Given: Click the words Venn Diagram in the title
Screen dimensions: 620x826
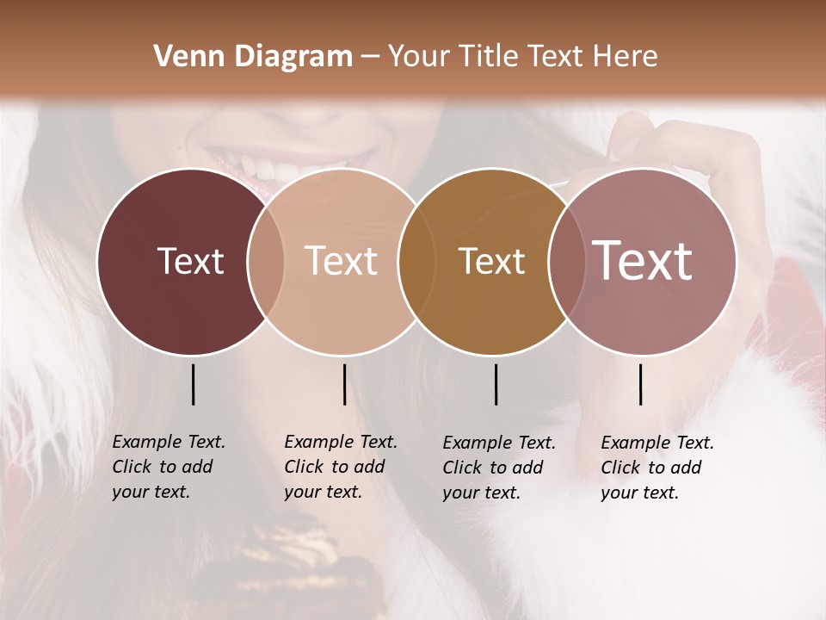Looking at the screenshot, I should pyautogui.click(x=253, y=57).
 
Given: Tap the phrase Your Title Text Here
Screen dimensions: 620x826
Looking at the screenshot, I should pyautogui.click(x=522, y=57).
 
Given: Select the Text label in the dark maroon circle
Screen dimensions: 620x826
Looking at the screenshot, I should pyautogui.click(x=190, y=261).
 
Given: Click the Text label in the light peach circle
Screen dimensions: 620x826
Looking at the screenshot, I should pyautogui.click(x=342, y=261).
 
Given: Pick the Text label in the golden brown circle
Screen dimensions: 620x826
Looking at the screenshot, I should pyautogui.click(x=491, y=261).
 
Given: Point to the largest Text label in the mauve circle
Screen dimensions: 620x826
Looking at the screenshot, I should pyautogui.click(x=643, y=261).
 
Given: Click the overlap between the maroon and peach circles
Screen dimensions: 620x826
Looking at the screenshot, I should pyautogui.click(x=266, y=261).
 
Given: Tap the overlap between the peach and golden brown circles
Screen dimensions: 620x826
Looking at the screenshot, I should pyautogui.click(x=416, y=261).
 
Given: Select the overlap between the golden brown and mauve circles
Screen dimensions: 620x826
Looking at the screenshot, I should pyautogui.click(x=567, y=261).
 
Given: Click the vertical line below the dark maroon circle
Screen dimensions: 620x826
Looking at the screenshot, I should pyautogui.click(x=193, y=384).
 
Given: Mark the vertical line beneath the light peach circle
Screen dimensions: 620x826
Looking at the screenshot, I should pyautogui.click(x=344, y=384).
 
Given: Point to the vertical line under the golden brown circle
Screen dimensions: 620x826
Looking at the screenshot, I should pyautogui.click(x=496, y=384).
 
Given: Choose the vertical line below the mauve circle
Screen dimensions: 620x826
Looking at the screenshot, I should pyautogui.click(x=641, y=384).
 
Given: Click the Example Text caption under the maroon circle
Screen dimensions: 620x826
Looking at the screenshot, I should pyautogui.click(x=168, y=467).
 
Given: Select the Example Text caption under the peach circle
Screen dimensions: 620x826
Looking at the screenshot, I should pyautogui.click(x=340, y=467).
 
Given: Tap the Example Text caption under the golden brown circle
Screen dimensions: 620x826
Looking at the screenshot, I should pyautogui.click(x=498, y=468).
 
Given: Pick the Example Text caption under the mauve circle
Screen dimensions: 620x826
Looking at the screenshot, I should pyautogui.click(x=656, y=468).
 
